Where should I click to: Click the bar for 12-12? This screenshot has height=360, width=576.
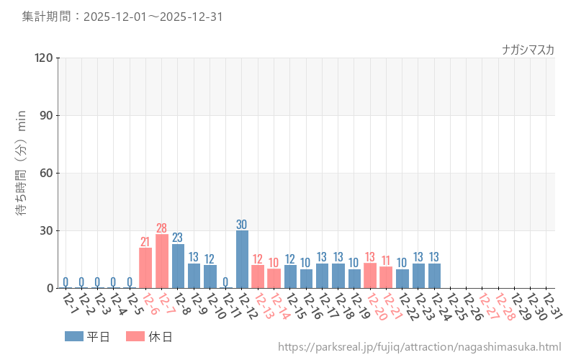(242, 259)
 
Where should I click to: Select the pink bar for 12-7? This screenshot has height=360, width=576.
(162, 261)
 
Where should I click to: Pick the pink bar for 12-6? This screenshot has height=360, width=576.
(145, 268)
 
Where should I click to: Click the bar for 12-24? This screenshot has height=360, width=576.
(434, 276)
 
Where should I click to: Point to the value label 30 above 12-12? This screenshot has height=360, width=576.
(242, 224)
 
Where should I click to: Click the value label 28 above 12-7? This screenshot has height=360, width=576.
(162, 228)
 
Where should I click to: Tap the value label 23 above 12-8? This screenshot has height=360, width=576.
(178, 238)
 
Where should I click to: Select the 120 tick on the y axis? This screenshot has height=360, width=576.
(44, 58)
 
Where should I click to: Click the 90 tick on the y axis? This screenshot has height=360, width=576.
(47, 115)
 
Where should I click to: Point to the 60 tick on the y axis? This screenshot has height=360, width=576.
(47, 173)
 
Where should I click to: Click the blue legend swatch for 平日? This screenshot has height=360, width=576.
(74, 336)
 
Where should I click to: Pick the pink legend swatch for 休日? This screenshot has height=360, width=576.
(135, 336)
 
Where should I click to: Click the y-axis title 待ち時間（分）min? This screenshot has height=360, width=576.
(22, 173)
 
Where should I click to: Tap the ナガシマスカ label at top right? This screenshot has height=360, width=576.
(528, 50)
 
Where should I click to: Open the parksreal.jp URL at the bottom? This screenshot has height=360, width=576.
(419, 347)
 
